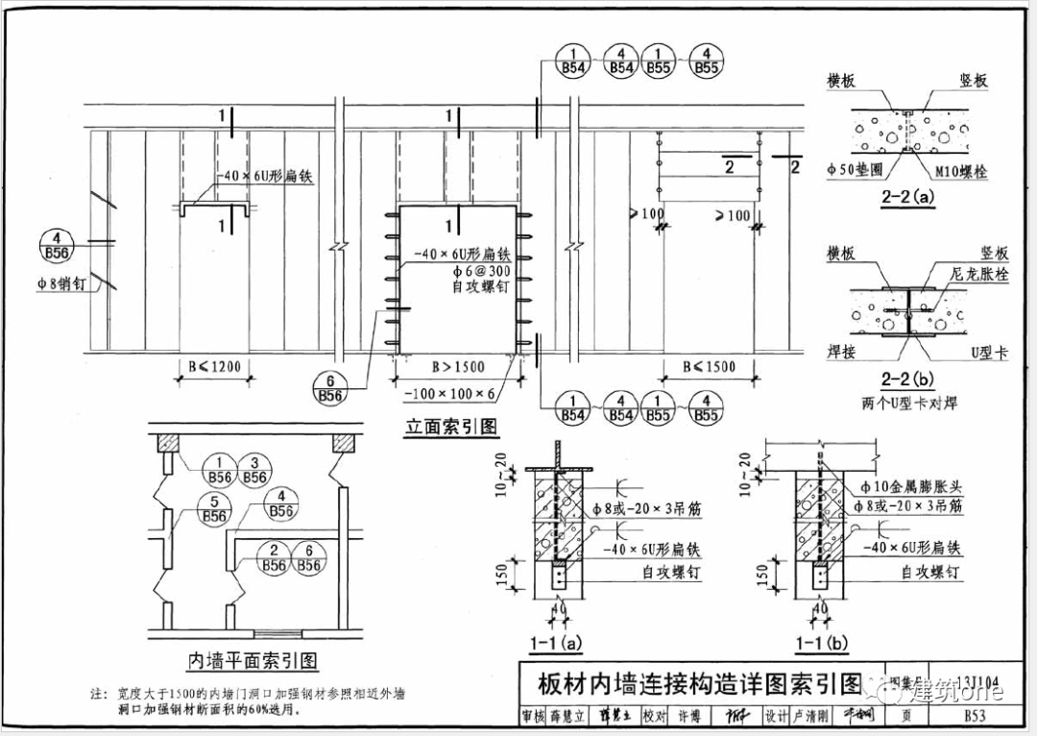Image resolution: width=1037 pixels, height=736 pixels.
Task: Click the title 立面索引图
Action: (451, 426)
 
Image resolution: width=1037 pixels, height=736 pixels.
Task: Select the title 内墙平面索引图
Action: (252, 660)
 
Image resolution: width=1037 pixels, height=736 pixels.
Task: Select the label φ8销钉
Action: (64, 283)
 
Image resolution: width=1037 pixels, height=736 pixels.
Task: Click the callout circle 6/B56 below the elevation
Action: (330, 386)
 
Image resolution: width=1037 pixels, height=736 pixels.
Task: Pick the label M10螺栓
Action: (960, 172)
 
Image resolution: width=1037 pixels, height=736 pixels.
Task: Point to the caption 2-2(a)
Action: (906, 199)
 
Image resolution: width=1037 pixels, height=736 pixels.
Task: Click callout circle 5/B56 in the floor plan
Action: (215, 508)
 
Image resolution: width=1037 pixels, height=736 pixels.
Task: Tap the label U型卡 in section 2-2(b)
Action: (989, 354)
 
